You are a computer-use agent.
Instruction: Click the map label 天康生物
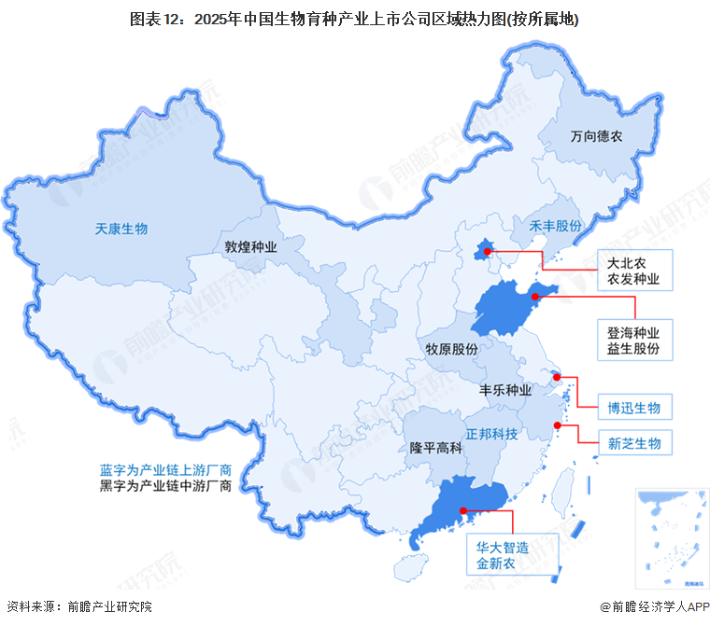122,229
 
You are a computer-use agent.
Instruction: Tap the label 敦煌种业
250,247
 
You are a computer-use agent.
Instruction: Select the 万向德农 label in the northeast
596,136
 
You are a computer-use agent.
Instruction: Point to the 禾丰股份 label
556,227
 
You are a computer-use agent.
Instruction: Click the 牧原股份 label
452,348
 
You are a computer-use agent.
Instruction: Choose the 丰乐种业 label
505,389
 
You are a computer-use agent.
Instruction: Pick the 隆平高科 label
436,448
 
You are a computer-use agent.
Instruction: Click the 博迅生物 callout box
633,408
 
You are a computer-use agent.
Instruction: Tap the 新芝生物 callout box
633,443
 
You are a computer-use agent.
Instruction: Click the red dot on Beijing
487,251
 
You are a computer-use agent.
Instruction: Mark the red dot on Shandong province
535,297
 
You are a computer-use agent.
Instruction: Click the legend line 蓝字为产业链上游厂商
166,469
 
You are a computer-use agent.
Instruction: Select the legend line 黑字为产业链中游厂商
166,486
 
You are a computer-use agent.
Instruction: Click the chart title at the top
354,19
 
